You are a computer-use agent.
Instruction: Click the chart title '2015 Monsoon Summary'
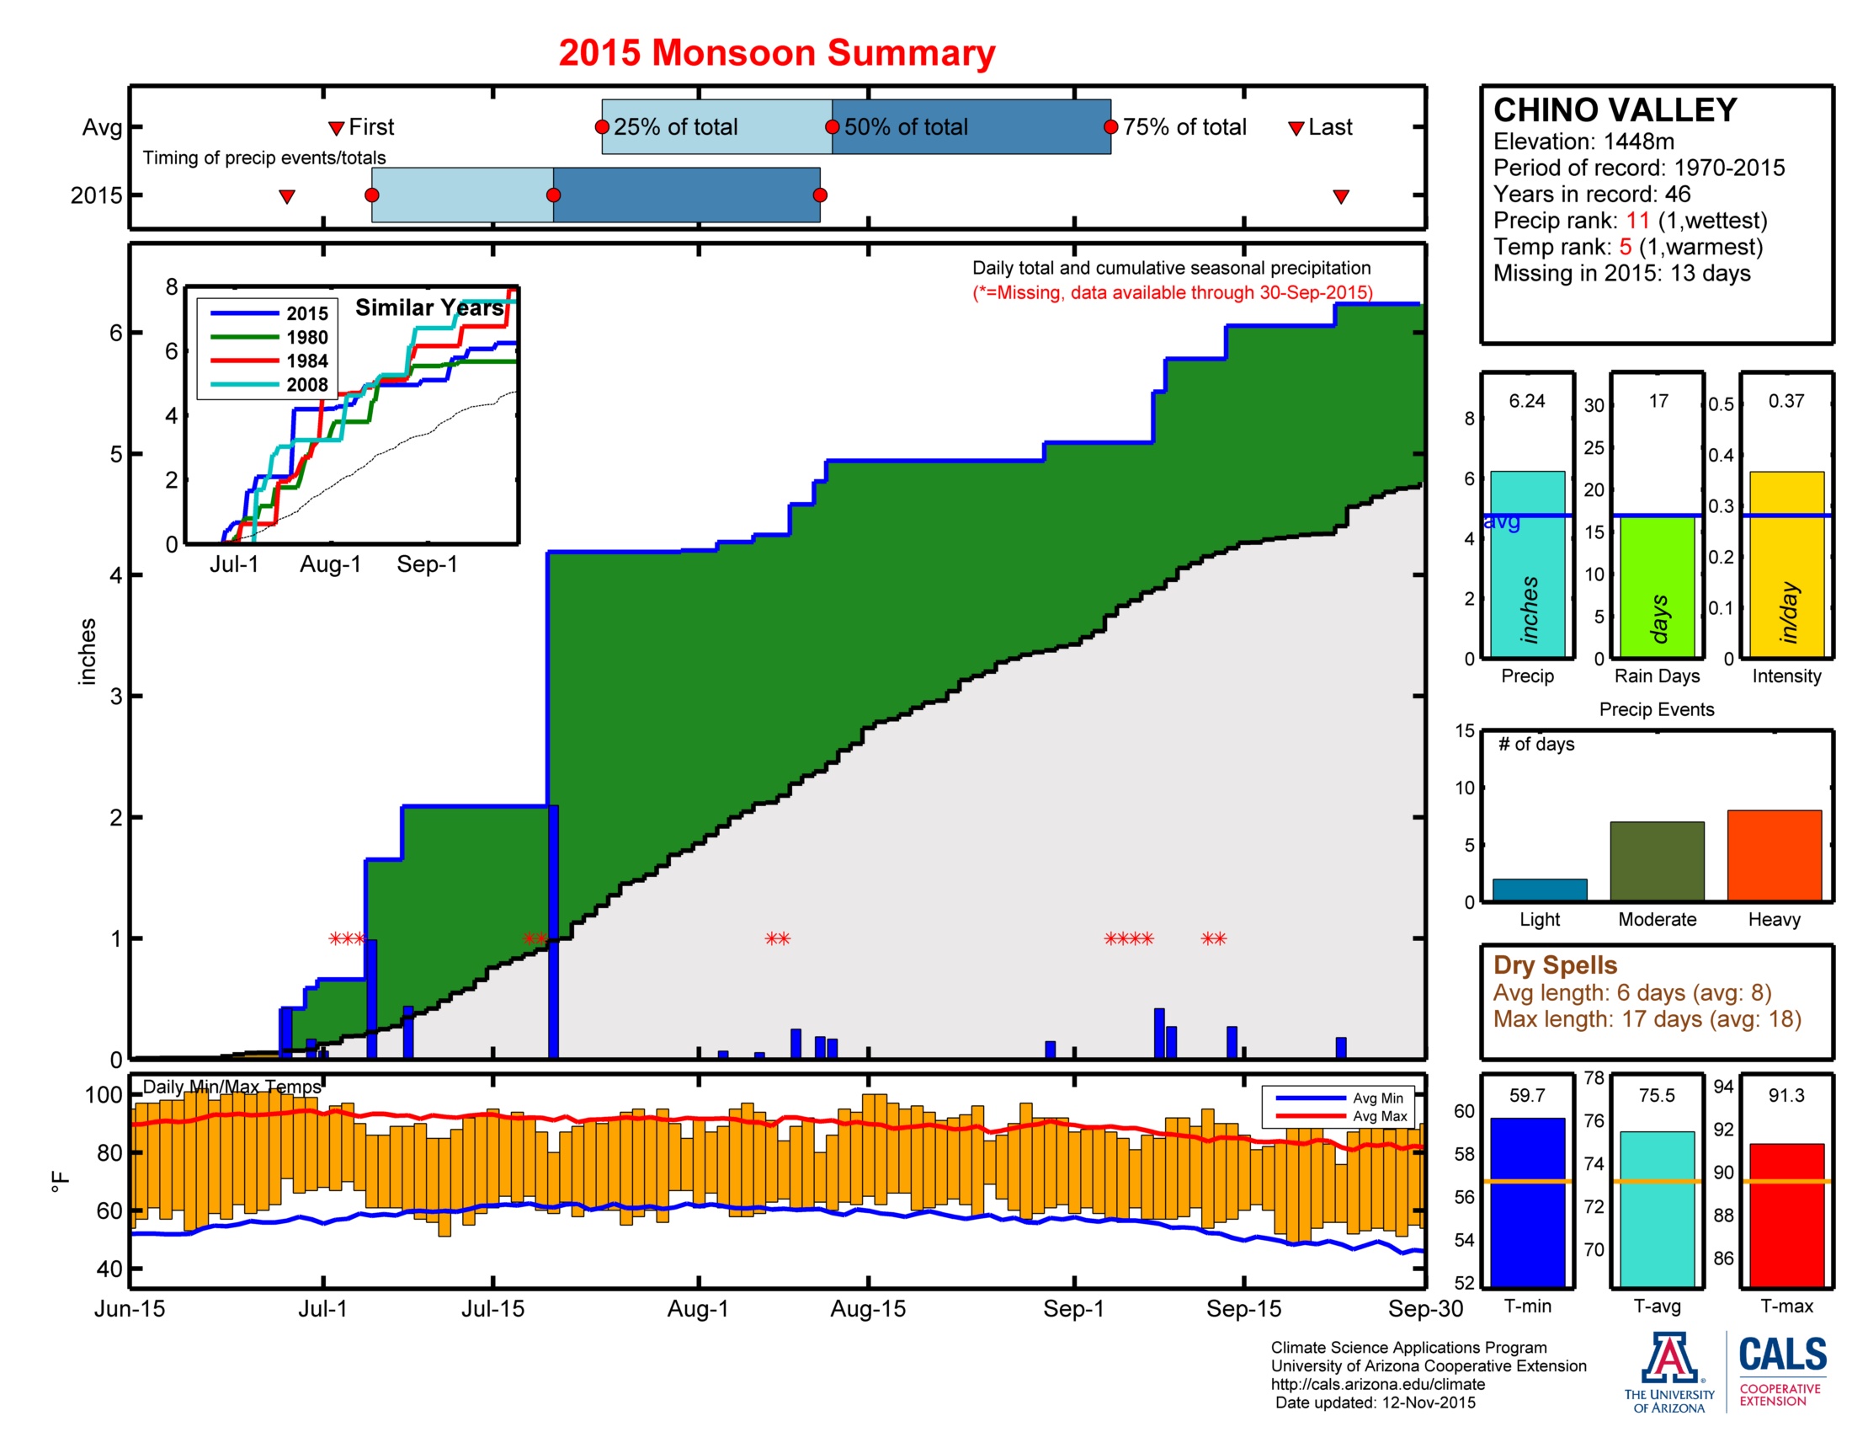776,52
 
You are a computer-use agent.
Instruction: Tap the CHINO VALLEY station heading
1615,110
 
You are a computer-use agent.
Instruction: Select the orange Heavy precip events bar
1774,854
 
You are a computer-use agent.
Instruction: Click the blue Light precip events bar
1539,889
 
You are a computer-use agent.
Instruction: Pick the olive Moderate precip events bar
1656,860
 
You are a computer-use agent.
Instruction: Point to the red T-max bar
1785,1214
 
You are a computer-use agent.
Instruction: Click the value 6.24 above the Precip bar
1526,400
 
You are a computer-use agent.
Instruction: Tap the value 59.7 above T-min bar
1526,1095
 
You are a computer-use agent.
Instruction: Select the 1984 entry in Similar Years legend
306,361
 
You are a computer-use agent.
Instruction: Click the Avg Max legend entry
1380,1116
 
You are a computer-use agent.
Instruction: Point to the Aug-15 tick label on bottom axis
867,1309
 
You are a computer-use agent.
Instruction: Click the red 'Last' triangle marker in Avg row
1296,128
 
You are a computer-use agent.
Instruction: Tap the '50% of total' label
906,127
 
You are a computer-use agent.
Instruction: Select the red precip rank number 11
1637,221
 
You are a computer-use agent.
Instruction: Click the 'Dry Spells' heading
1554,964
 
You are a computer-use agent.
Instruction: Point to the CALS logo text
1782,1354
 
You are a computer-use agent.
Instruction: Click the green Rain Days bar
1656,586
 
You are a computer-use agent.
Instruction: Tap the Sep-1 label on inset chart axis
427,564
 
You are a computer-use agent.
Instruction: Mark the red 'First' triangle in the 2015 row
286,197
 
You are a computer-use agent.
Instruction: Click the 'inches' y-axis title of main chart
87,650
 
